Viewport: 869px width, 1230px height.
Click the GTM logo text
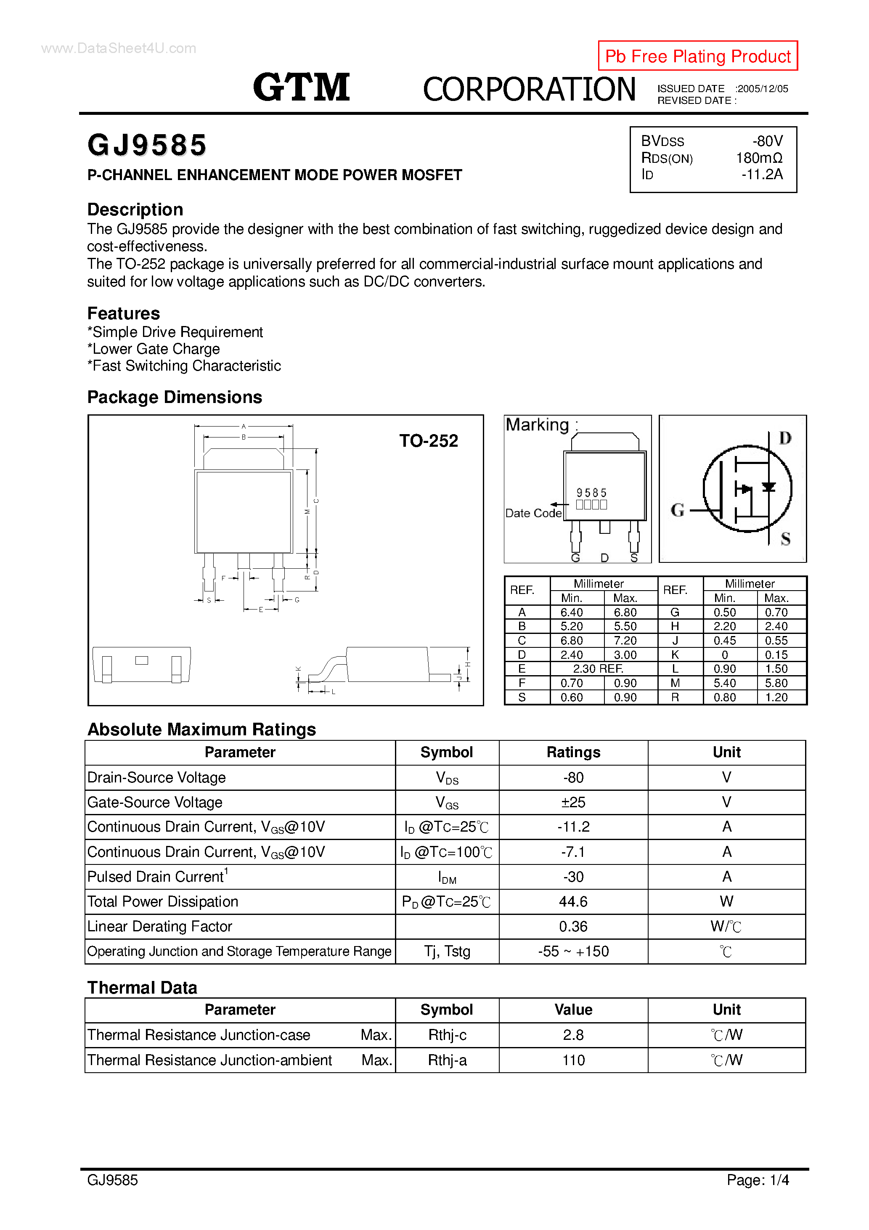tap(301, 87)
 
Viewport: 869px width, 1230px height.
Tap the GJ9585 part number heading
tap(147, 145)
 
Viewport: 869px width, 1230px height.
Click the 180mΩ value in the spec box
tap(759, 158)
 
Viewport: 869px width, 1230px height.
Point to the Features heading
tap(124, 313)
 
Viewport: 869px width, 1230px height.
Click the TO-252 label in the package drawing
tap(428, 441)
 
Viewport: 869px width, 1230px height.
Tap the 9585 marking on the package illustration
tap(591, 492)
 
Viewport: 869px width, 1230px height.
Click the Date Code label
tap(533, 513)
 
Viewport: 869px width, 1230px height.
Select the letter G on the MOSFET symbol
tap(677, 510)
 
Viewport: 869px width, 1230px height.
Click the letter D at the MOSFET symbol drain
tap(785, 438)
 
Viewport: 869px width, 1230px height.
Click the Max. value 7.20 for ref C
tap(625, 641)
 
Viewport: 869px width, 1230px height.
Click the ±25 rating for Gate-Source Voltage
tap(573, 803)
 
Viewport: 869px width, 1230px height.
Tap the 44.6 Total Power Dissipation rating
tap(573, 901)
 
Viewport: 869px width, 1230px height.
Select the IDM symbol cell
tap(447, 877)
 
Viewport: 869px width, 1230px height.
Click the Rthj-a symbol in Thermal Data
tap(447, 1060)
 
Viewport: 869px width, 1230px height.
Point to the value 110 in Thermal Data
tap(573, 1060)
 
